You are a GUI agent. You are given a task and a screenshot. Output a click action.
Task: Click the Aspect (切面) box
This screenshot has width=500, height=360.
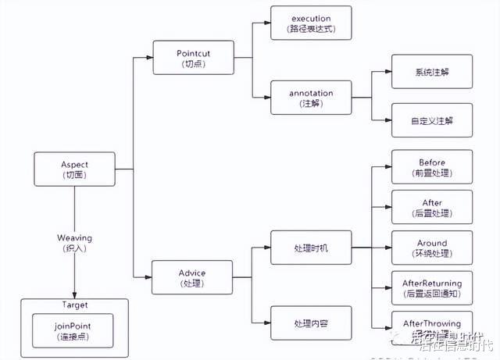click(x=74, y=169)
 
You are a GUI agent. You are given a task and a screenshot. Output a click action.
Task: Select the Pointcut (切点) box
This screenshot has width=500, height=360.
click(x=193, y=58)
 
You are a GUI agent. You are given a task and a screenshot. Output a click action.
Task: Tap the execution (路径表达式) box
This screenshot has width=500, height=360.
click(x=311, y=23)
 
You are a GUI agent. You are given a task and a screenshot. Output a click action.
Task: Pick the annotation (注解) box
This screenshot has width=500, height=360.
click(x=311, y=98)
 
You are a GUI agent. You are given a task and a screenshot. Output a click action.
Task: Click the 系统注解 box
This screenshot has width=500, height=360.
click(x=431, y=72)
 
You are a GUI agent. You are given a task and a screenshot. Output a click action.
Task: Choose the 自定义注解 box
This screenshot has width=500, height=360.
click(x=431, y=120)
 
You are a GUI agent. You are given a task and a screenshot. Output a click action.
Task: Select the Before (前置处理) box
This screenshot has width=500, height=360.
click(x=431, y=167)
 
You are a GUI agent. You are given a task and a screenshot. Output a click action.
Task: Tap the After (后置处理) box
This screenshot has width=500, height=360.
click(x=431, y=208)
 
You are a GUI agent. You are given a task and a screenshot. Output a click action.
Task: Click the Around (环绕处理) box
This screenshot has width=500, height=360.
click(x=431, y=248)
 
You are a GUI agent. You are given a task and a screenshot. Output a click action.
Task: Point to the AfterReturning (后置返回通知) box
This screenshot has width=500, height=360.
click(x=431, y=288)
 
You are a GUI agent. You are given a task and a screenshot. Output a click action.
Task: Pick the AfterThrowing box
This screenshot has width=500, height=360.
click(x=431, y=324)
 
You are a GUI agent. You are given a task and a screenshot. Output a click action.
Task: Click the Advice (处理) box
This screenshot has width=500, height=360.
click(x=193, y=277)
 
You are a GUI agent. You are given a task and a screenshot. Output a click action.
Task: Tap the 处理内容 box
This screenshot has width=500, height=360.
click(x=311, y=323)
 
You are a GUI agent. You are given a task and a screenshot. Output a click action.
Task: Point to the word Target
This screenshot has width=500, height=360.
click(x=74, y=305)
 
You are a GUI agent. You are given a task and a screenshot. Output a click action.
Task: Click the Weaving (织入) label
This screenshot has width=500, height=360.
click(x=74, y=242)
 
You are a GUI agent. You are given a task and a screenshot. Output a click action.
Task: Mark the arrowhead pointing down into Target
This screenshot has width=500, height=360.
click(x=74, y=294)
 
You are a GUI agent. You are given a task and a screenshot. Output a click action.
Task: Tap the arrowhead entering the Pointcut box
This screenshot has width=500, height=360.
click(x=151, y=58)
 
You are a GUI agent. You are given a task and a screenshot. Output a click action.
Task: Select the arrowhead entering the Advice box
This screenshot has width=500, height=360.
click(x=151, y=277)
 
